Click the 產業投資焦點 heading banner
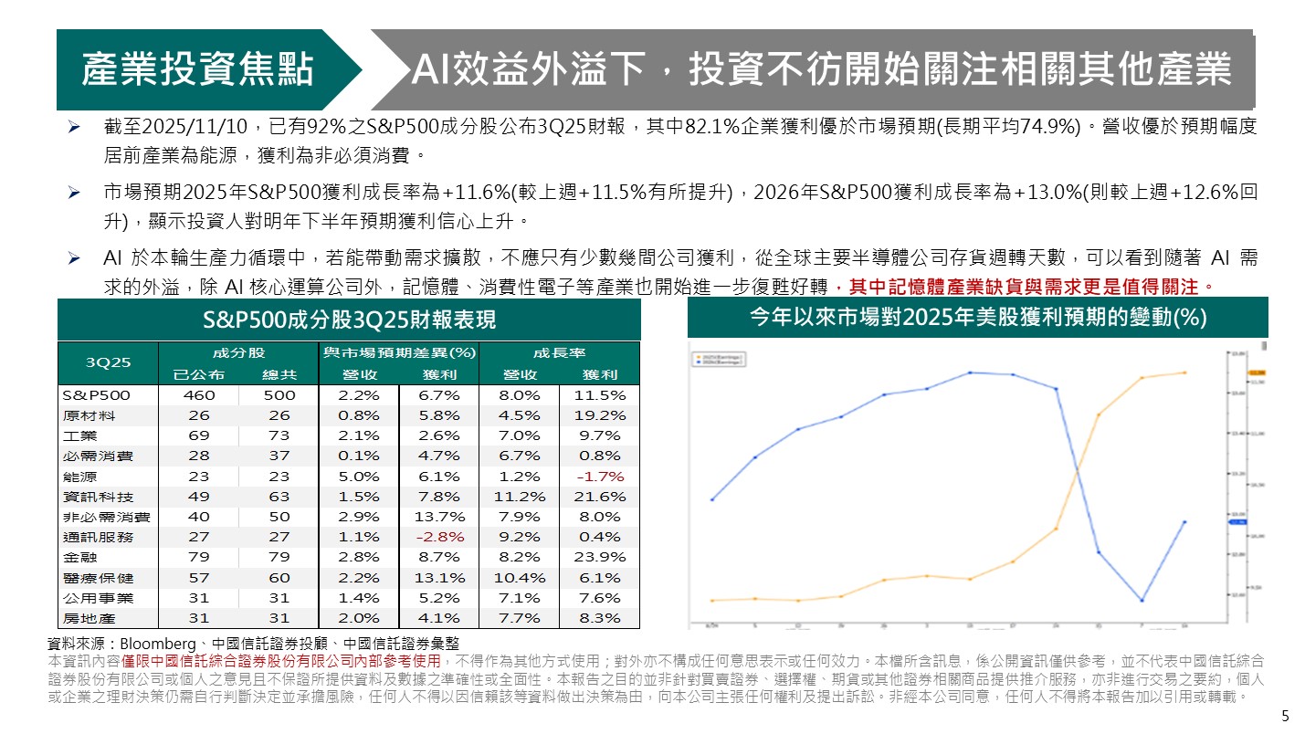coord(197,69)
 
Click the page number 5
coord(1286,715)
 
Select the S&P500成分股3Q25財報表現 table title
coord(349,320)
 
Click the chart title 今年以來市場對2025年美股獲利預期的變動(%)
coord(977,317)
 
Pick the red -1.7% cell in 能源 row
coord(600,477)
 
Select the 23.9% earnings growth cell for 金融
coord(600,557)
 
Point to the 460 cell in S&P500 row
coord(198,395)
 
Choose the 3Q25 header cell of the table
coord(108,362)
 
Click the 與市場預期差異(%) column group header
coord(398,351)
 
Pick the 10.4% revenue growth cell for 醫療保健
coord(520,578)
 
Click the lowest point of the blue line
coord(1142,600)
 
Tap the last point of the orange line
coord(1185,372)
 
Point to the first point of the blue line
coord(711,499)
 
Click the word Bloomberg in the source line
coord(153,644)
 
